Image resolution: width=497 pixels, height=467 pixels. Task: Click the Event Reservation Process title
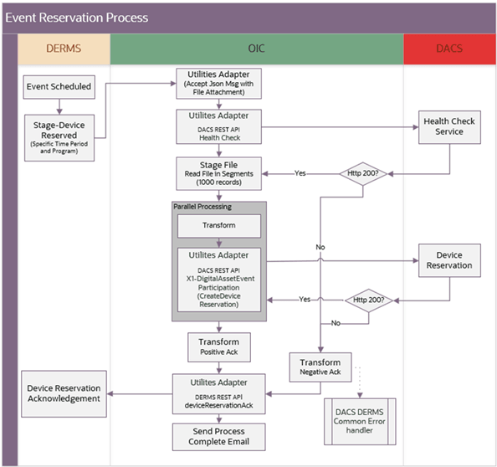(x=77, y=17)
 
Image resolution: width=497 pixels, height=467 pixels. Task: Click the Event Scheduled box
(x=59, y=85)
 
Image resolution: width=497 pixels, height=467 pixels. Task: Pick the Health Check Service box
(x=449, y=126)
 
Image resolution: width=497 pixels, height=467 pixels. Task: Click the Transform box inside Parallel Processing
(x=218, y=226)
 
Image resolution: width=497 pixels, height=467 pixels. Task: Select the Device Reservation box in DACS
(x=449, y=259)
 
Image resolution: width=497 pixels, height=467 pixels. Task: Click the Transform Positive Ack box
(x=218, y=347)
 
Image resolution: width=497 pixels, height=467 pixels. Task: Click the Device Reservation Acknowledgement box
(x=64, y=393)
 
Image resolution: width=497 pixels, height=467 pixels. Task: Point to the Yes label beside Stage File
(x=300, y=173)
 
